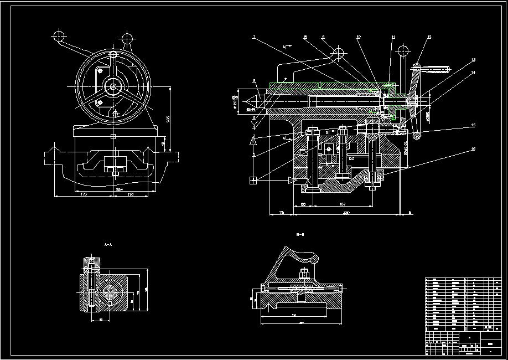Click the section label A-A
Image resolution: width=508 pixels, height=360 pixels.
108,244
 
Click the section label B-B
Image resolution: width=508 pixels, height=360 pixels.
301,235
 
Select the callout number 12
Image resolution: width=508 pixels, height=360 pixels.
429,38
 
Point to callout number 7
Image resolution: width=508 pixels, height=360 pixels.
253,38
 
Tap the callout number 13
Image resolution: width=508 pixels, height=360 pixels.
473,60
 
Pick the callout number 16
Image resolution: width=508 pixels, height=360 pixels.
473,149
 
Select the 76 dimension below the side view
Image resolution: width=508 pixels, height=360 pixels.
282,212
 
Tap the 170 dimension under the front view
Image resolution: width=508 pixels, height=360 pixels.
83,195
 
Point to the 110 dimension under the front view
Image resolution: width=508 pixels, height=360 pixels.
131,195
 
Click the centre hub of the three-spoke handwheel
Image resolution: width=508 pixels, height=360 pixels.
113,85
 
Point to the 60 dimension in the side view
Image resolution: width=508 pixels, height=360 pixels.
303,204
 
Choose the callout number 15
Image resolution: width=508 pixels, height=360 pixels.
473,125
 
